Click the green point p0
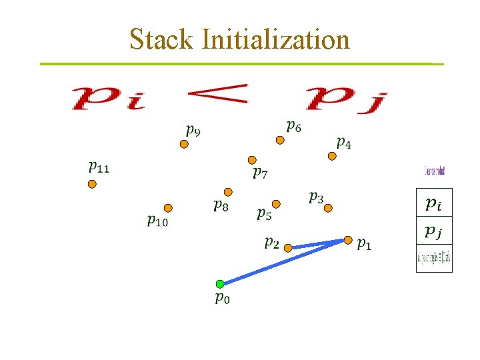[220, 284]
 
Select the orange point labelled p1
[348, 239]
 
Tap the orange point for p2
[288, 248]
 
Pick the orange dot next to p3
[327, 208]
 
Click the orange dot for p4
[331, 156]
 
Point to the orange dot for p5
[276, 203]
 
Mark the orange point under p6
[280, 140]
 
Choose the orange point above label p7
[252, 160]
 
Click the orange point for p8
[228, 192]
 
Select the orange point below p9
[185, 144]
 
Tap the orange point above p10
[168, 208]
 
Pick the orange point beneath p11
[92, 184]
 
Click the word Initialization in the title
[275, 39]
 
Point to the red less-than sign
[217, 95]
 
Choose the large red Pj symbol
[347, 100]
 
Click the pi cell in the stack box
[433, 204]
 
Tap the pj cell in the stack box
[433, 232]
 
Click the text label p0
[223, 299]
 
